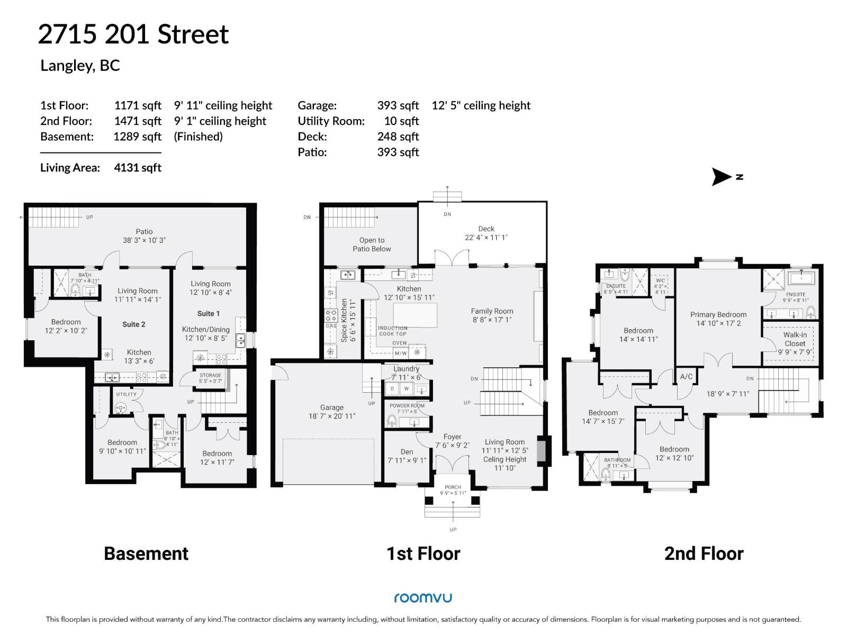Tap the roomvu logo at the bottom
pyautogui.click(x=423, y=598)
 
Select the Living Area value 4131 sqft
pyautogui.click(x=138, y=168)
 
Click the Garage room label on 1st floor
pyautogui.click(x=332, y=407)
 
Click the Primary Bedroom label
pyautogui.click(x=718, y=314)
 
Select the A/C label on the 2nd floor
pyautogui.click(x=686, y=377)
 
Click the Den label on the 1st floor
pyautogui.click(x=407, y=452)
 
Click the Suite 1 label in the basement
pyautogui.click(x=208, y=313)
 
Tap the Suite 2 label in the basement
pyautogui.click(x=133, y=324)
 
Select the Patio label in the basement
pyautogui.click(x=144, y=231)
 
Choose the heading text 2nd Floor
pyautogui.click(x=704, y=554)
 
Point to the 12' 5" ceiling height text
pyautogui.click(x=481, y=105)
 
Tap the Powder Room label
pyautogui.click(x=407, y=406)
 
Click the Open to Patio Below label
pyautogui.click(x=372, y=244)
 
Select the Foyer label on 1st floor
pyautogui.click(x=452, y=437)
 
